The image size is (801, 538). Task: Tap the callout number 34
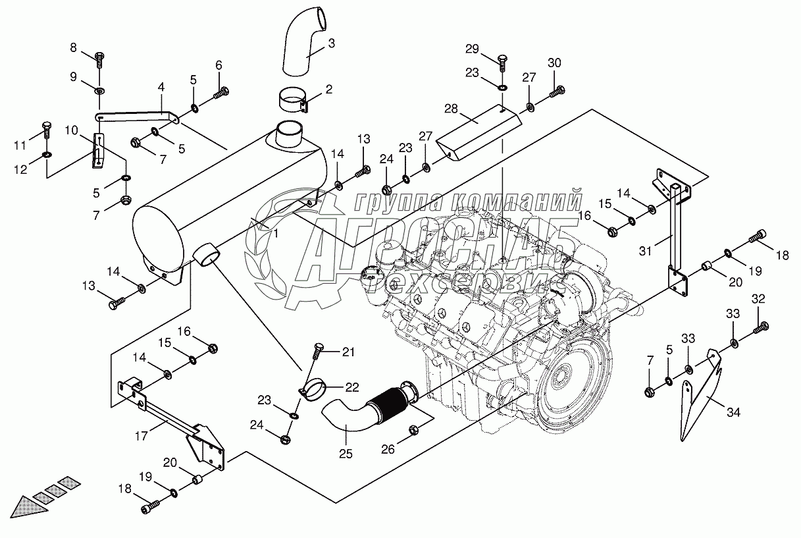pyautogui.click(x=733, y=413)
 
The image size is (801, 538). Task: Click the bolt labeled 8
pyautogui.click(x=99, y=60)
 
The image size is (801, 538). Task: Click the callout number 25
pyautogui.click(x=345, y=453)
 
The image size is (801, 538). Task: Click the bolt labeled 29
pyautogui.click(x=502, y=64)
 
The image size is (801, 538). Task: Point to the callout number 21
pyautogui.click(x=348, y=352)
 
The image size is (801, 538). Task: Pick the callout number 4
pyautogui.click(x=160, y=86)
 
